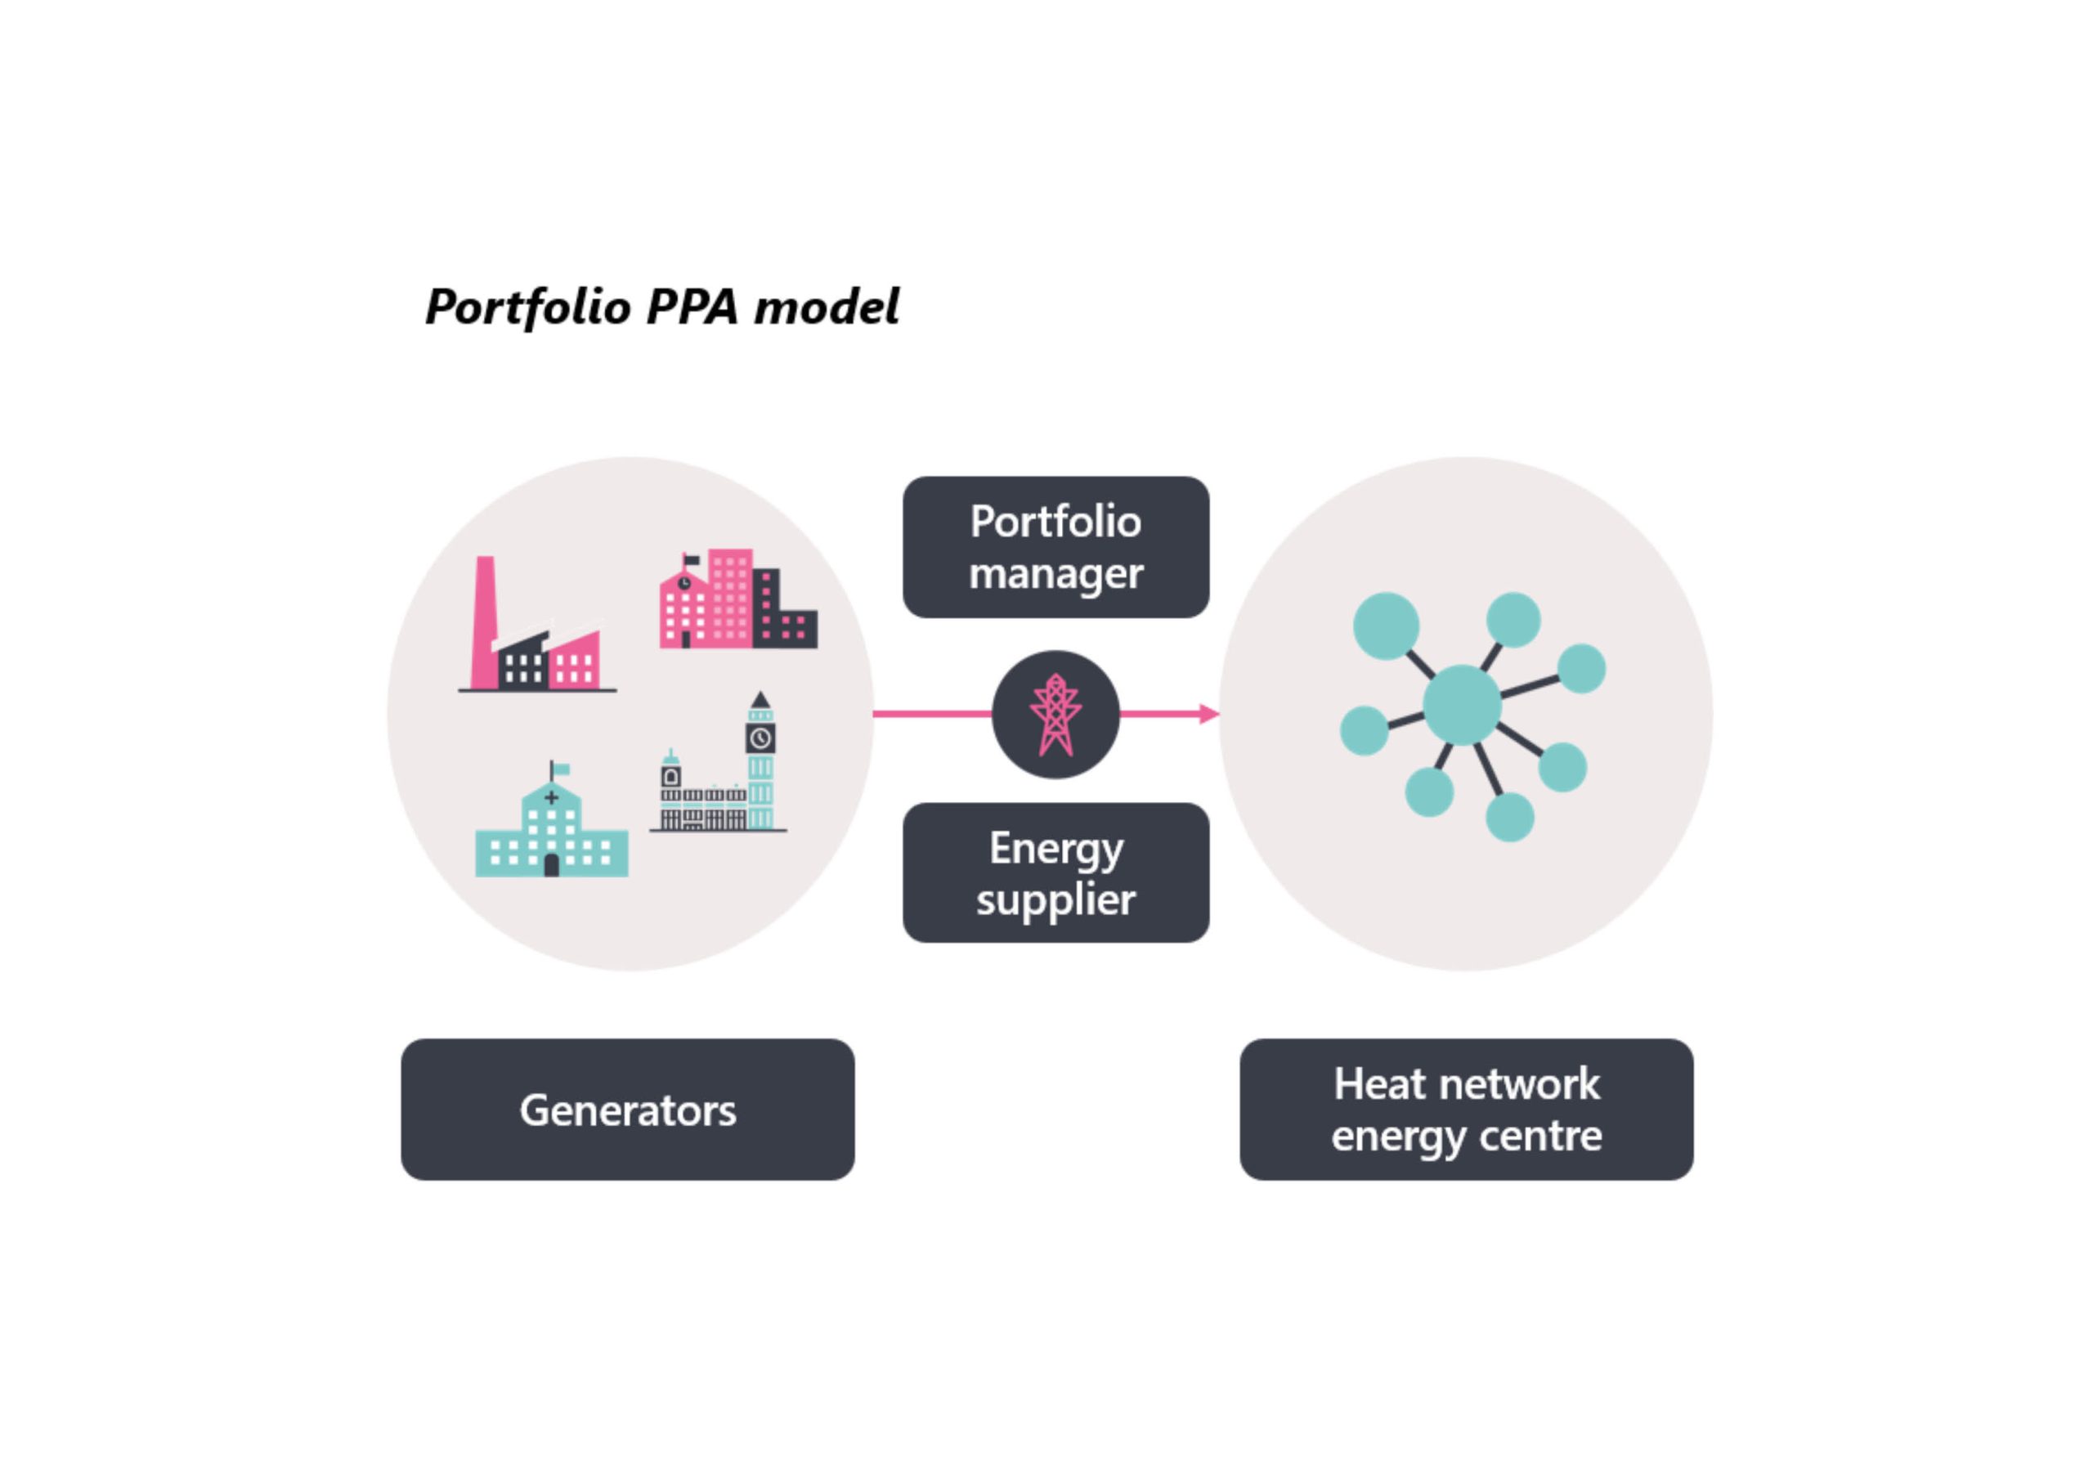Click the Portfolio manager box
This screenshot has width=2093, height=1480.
(1055, 547)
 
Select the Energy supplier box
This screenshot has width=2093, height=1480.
(1055, 872)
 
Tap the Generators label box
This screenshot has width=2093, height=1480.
(628, 1110)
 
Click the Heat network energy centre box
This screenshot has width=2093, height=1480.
(1467, 1110)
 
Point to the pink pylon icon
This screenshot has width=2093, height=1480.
(1055, 715)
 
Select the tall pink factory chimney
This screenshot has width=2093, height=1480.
(485, 622)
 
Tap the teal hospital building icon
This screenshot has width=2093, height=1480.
(552, 825)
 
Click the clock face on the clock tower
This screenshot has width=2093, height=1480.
(760, 738)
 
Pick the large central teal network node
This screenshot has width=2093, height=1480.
(1462, 705)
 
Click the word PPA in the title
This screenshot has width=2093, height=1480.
(692, 307)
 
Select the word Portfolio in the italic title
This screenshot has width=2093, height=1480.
(528, 308)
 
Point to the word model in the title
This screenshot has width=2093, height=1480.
(827, 307)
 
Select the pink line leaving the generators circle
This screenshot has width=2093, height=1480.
(933, 714)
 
